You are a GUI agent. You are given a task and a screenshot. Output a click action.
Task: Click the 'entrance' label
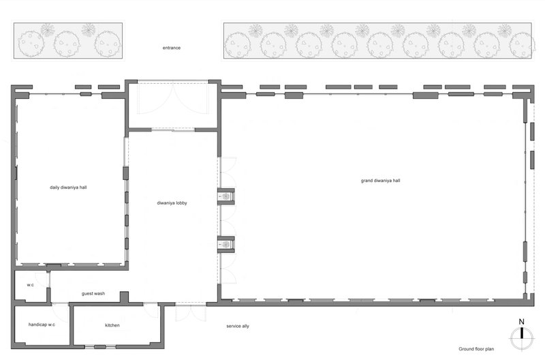(172, 48)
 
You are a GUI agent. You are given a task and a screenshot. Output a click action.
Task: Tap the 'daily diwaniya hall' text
(68, 187)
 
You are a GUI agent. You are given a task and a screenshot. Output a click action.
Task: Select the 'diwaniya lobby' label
(172, 202)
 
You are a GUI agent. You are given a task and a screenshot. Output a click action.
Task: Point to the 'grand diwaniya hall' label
(380, 181)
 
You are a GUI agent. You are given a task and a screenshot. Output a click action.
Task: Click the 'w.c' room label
(31, 285)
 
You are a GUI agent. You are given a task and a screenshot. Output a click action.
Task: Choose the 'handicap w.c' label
(42, 325)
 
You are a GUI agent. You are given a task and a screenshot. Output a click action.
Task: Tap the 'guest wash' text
(93, 294)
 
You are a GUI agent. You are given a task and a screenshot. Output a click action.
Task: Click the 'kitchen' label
(112, 325)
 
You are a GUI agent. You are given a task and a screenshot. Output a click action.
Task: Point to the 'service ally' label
(238, 326)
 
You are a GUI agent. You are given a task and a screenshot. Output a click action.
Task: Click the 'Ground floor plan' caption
(476, 349)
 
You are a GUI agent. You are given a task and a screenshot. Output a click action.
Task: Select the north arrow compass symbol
(521, 338)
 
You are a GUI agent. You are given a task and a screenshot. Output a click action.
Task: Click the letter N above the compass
(521, 322)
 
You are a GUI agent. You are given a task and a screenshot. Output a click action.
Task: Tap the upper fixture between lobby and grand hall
(226, 197)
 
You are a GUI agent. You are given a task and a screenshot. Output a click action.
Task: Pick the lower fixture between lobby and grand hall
(226, 245)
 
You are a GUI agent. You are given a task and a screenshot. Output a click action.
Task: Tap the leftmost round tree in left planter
(31, 44)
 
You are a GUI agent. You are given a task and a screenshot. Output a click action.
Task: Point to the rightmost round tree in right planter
(522, 45)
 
